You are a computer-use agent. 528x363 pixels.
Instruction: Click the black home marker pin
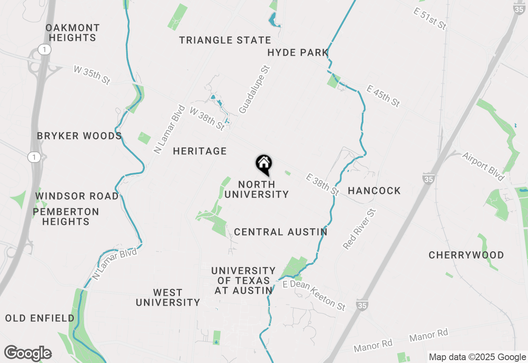click(x=264, y=164)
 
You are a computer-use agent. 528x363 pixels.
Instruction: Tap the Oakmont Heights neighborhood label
click(x=73, y=33)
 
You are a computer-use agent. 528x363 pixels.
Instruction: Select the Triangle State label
click(x=225, y=40)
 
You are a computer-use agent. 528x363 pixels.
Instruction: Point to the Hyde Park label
click(x=298, y=53)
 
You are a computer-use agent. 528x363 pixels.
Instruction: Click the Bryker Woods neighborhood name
click(x=79, y=136)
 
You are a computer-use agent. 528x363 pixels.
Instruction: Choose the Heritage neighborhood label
click(x=200, y=151)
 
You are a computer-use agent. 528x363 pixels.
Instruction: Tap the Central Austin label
click(x=280, y=232)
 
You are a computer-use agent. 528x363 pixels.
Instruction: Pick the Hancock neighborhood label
click(x=374, y=191)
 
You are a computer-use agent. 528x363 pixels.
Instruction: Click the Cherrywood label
click(x=466, y=255)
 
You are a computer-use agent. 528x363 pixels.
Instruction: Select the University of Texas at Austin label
click(x=243, y=280)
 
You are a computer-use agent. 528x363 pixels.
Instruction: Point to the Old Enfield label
click(x=40, y=318)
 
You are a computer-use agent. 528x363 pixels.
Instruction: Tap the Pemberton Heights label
click(x=66, y=217)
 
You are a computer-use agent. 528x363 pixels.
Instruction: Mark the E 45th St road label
click(x=383, y=96)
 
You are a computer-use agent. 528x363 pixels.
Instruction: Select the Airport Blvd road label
click(x=483, y=167)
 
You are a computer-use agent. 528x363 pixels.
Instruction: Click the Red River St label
click(x=360, y=229)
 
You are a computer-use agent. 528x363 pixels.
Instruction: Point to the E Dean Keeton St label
click(x=314, y=295)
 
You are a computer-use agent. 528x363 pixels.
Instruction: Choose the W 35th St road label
click(x=92, y=75)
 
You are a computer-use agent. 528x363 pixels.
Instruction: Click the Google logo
click(x=28, y=354)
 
